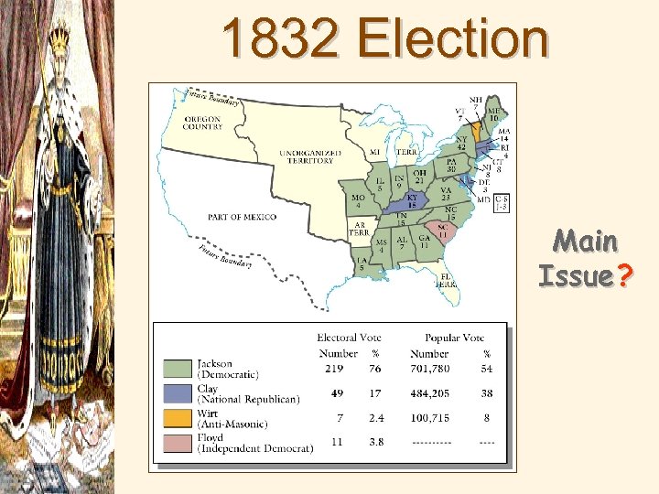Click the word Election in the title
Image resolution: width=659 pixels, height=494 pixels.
(x=454, y=39)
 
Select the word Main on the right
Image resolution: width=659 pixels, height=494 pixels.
(x=586, y=242)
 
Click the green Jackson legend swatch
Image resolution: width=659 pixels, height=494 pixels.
(x=177, y=369)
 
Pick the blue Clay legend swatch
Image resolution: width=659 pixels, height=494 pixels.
(x=177, y=394)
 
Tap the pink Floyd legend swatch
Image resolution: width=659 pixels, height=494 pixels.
(x=177, y=445)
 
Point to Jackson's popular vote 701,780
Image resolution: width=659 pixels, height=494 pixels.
(x=429, y=369)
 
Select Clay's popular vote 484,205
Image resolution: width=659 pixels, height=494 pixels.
(x=429, y=394)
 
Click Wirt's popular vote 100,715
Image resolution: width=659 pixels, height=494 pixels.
(x=429, y=420)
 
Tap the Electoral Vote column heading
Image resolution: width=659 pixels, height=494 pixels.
(x=350, y=338)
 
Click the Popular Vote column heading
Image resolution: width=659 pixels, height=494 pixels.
(x=454, y=338)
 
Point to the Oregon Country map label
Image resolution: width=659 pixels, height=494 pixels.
(x=202, y=123)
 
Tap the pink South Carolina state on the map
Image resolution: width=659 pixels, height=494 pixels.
(x=442, y=231)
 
